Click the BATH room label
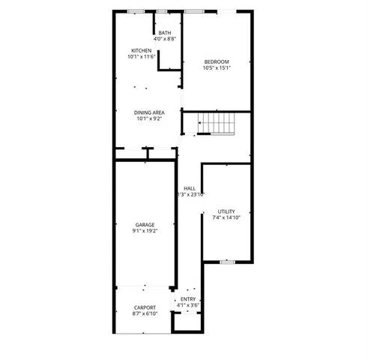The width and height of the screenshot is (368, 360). [x=165, y=32]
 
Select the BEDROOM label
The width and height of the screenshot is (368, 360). [x=217, y=61]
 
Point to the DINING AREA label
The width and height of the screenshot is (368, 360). [x=150, y=112]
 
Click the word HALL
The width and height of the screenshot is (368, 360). [x=190, y=188]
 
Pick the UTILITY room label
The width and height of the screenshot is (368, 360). [x=226, y=211]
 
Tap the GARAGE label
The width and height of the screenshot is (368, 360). [x=145, y=225]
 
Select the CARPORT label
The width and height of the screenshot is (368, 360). [x=145, y=307]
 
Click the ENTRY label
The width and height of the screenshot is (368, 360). [x=188, y=299]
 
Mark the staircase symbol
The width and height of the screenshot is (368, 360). [x=215, y=122]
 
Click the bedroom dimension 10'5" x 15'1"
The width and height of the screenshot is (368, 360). [x=217, y=68]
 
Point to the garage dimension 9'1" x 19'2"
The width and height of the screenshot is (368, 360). [x=145, y=231]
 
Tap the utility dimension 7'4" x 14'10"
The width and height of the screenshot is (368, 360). [x=226, y=218]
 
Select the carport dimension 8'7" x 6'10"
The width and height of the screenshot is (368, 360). [x=145, y=313]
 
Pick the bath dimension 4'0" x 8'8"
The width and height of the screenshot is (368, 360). [x=165, y=38]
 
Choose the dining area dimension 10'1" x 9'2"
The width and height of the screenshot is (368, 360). [x=150, y=118]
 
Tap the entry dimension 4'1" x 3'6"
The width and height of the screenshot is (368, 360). [x=188, y=305]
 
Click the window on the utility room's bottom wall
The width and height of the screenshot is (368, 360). [x=227, y=261]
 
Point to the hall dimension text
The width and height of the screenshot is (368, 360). [x=190, y=195]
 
